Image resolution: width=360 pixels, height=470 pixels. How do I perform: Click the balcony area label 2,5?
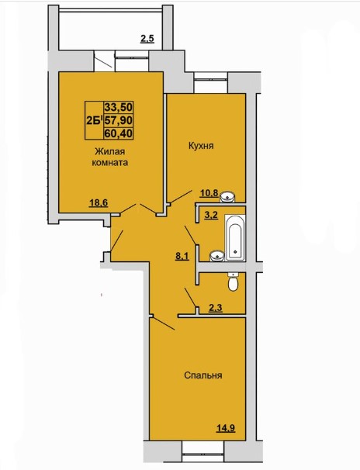coord(147,39)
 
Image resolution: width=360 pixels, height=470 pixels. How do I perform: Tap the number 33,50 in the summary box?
coord(119,107)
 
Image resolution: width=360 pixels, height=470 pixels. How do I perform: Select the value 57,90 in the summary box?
coord(119,120)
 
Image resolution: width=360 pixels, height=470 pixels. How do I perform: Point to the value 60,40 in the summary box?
coord(119,133)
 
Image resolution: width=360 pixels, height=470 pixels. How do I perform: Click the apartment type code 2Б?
coord(94,120)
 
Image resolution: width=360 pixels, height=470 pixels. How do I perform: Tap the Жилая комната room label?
coord(110,157)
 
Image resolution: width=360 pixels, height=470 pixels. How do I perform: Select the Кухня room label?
coord(201,146)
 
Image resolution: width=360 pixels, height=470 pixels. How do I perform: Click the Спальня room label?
coord(203,375)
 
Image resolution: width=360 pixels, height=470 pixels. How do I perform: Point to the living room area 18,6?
coord(99,203)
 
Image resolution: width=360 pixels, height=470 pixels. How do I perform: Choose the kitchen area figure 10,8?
coord(209,193)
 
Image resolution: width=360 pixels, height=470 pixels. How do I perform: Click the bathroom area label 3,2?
coord(211,215)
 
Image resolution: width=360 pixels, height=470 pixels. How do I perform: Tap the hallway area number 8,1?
coord(182,256)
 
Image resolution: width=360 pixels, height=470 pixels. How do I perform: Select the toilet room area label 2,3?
coord(216,308)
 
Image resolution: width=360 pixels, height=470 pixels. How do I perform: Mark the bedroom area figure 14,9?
coord(226,428)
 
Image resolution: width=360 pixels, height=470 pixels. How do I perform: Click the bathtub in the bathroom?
coord(235,237)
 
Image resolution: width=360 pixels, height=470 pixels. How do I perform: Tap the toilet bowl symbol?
coord(233,282)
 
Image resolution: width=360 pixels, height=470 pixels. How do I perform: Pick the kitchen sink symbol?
coord(228,197)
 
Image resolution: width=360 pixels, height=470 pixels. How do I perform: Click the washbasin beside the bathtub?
coord(217,256)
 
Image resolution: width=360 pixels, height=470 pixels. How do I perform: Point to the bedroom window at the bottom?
coord(204,451)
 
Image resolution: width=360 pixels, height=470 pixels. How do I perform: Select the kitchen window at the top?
coord(211,83)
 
